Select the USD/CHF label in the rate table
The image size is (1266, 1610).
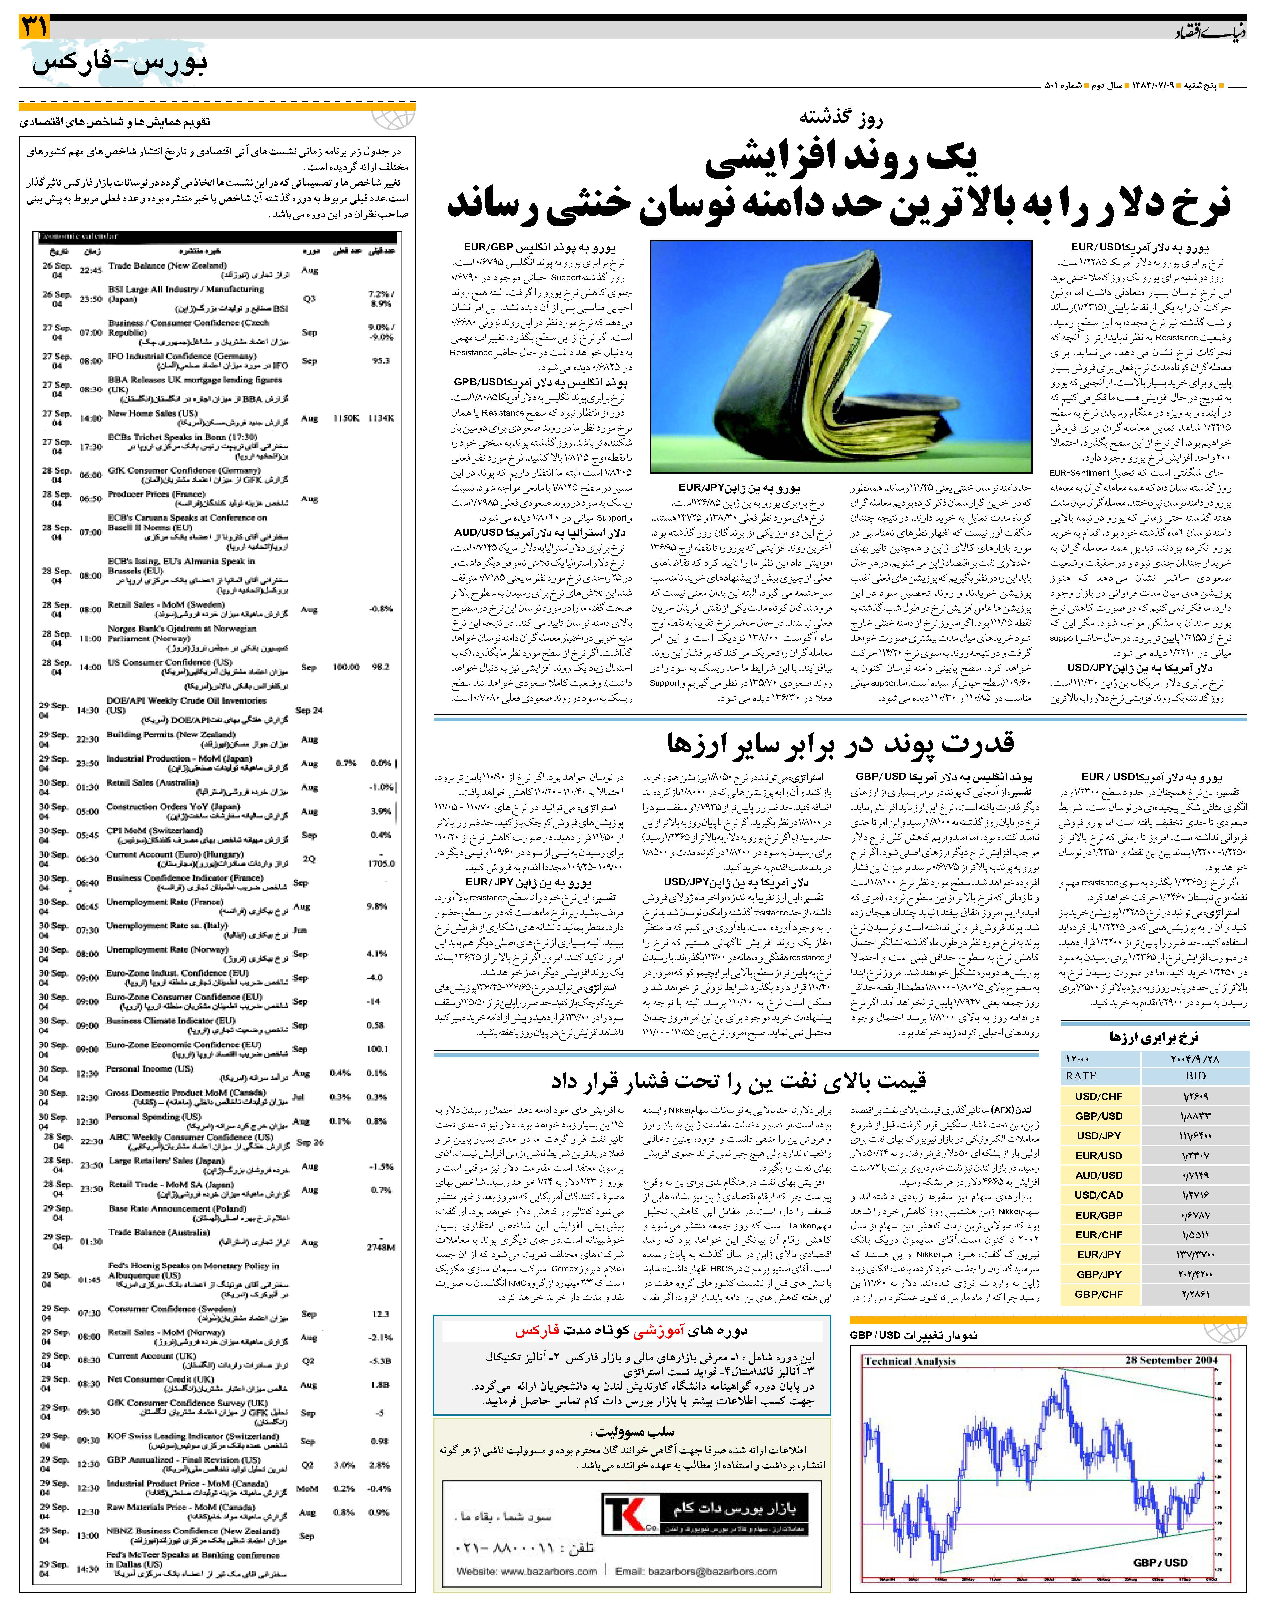coord(1098,1096)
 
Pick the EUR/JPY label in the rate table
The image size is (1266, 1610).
coord(1098,1254)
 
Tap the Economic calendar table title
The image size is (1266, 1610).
coord(78,236)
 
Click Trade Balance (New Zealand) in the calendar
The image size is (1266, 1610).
coord(167,265)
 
